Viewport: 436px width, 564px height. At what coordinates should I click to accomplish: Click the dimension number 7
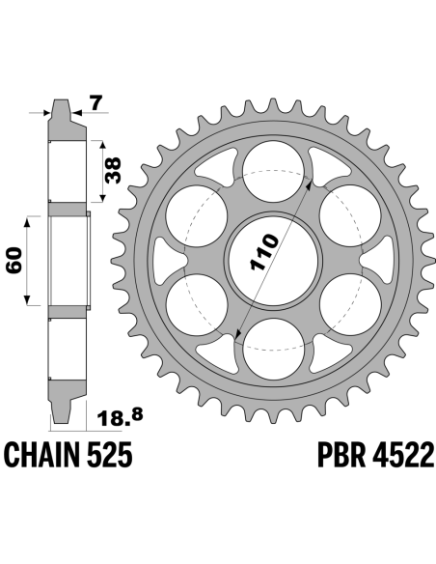point(96,103)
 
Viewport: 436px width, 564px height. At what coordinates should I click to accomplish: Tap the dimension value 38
point(114,171)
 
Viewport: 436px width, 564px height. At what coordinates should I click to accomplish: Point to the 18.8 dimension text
point(120,417)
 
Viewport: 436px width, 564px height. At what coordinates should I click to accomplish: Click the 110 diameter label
point(264,252)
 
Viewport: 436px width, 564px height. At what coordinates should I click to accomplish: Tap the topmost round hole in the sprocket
point(273,171)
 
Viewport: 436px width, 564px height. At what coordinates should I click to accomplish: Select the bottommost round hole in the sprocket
point(274,349)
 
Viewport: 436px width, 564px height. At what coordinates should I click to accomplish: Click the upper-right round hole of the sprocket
point(350,215)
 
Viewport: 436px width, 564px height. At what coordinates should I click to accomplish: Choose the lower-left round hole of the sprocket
point(197,304)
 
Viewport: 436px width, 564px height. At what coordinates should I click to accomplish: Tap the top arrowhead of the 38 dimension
point(103,145)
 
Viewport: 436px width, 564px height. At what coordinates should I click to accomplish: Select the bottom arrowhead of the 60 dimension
point(27,300)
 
